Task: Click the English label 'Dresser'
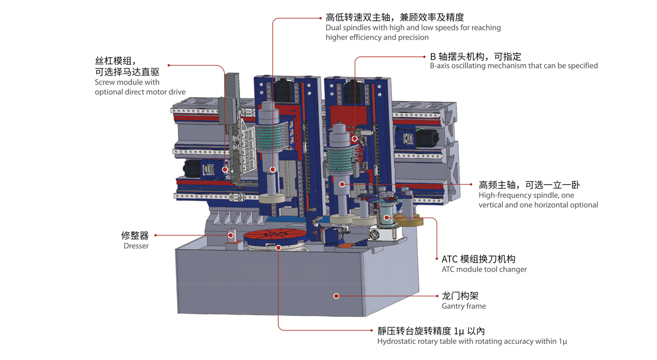136,246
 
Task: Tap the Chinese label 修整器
135,235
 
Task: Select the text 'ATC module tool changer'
484,269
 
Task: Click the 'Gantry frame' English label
463,306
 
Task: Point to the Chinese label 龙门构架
460,296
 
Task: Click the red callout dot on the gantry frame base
336,296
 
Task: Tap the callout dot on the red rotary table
278,247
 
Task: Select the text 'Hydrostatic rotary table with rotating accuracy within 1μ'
471,341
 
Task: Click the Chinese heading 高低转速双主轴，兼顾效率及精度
395,17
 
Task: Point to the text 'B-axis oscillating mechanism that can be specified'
514,65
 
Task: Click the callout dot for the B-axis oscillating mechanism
355,138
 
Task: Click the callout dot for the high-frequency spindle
342,184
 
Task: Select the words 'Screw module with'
127,82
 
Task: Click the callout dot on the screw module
225,169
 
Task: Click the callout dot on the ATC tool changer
386,218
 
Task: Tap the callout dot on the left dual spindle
273,169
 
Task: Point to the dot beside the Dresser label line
231,235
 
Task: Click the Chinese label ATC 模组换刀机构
478,259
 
